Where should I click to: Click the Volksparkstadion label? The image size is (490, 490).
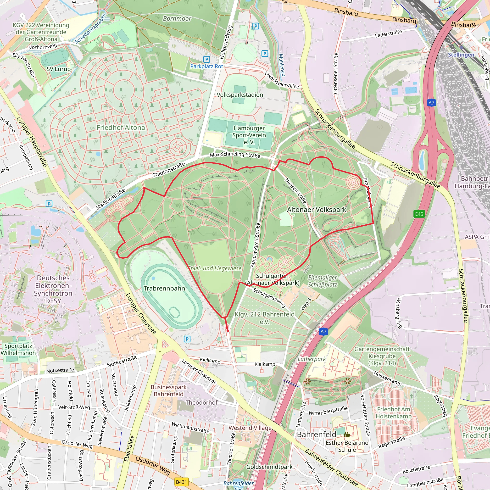[x=240, y=95]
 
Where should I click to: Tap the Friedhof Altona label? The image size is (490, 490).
[x=121, y=128]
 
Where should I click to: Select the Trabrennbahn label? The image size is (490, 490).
[x=164, y=288]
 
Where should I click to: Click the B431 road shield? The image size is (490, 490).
[x=181, y=482]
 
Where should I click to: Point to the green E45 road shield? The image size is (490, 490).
[x=419, y=214]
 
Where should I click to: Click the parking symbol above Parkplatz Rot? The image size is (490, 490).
[x=207, y=59]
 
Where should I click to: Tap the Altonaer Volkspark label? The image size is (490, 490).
[x=317, y=210]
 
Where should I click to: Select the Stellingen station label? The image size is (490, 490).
[x=461, y=55]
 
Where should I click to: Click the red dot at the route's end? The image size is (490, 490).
[x=228, y=330]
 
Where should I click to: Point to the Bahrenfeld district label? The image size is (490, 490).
[x=317, y=434]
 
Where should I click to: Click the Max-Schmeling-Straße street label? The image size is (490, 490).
[x=235, y=155]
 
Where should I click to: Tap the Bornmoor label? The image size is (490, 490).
[x=177, y=18]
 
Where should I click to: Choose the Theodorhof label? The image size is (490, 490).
[x=201, y=402]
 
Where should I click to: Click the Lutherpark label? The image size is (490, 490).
[x=312, y=359]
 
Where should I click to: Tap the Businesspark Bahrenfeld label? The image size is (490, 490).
[x=168, y=390]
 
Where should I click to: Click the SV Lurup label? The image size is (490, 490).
[x=59, y=69]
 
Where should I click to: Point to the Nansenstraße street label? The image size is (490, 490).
[x=295, y=191]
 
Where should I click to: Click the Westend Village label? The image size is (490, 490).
[x=250, y=428]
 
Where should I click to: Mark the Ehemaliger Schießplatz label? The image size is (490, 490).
[x=322, y=281]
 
